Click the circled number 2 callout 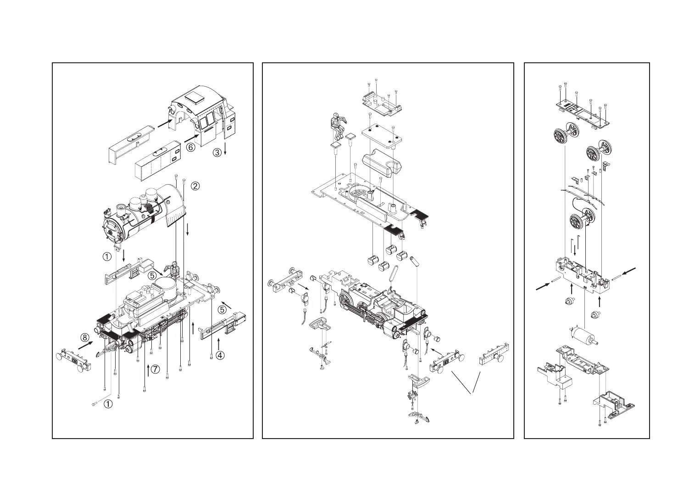[195, 186]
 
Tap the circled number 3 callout [217, 152]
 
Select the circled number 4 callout [221, 355]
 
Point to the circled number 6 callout [190, 148]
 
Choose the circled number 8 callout [85, 338]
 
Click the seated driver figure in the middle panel [338, 126]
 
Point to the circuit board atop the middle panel [381, 104]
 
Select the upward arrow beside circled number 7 [148, 370]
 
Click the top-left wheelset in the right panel [564, 136]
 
